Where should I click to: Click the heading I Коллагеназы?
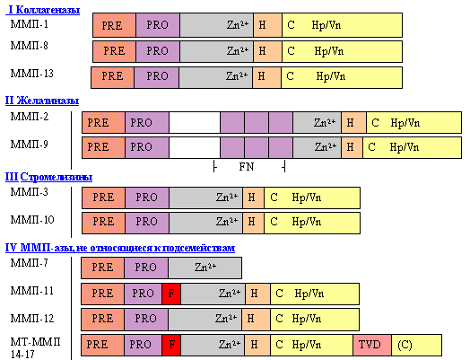[43, 10]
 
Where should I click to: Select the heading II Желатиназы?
[42, 101]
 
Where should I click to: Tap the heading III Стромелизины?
[48, 177]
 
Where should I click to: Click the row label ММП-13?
[31, 74]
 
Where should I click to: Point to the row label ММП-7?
[29, 263]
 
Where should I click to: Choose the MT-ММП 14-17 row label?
[35, 347]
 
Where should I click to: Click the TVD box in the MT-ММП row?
[372, 345]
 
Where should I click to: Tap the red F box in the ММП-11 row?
[171, 294]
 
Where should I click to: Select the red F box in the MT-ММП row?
[171, 345]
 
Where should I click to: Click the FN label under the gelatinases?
[247, 167]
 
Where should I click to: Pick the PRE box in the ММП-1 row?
[114, 25]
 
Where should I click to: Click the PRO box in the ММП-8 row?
[158, 51]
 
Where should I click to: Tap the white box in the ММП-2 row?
[195, 122]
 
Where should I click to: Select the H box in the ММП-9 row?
[352, 147]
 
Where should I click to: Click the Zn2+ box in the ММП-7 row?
[205, 268]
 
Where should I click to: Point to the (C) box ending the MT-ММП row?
[416, 345]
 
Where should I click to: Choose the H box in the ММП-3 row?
[253, 198]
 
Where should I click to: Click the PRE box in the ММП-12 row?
[102, 320]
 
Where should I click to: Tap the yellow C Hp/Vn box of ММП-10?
[312, 223]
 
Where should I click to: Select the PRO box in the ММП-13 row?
[156, 77]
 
